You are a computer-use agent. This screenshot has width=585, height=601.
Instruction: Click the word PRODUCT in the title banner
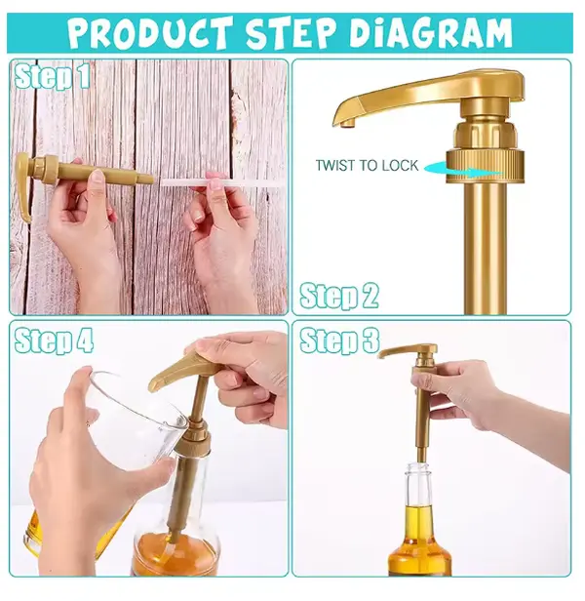151,32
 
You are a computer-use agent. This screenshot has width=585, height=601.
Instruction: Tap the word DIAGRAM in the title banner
431,32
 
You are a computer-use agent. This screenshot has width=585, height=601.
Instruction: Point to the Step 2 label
339,296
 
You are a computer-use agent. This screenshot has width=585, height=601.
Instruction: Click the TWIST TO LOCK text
367,166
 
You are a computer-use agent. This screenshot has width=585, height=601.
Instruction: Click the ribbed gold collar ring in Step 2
485,166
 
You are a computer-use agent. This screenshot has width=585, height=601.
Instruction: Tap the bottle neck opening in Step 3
421,466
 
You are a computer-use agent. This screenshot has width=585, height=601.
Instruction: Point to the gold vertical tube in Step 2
485,248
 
